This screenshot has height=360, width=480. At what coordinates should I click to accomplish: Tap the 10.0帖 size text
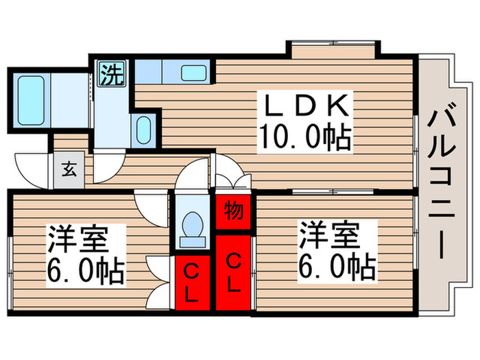(304, 139)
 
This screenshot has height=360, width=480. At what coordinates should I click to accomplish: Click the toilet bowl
(191, 226)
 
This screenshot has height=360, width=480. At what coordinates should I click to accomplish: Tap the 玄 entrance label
(69, 169)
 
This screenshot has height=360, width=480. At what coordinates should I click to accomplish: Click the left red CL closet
(191, 281)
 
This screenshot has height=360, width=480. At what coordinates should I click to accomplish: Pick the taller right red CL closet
(233, 272)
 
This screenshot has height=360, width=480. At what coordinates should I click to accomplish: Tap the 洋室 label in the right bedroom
(328, 237)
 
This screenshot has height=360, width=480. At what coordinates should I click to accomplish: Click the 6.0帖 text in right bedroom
(337, 266)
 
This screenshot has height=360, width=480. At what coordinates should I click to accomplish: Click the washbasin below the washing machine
(144, 129)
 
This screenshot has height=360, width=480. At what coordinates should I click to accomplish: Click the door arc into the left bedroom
(150, 206)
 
